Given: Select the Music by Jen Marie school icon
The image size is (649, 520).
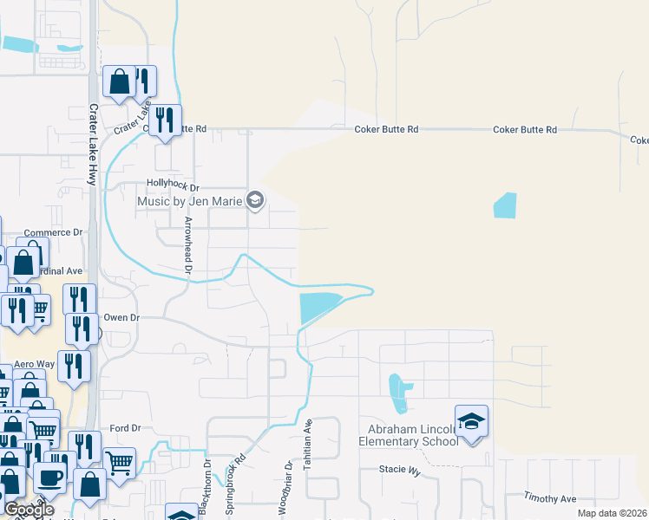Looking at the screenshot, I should pos(254,201).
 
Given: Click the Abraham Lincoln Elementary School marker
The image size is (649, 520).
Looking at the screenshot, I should pos(471,422).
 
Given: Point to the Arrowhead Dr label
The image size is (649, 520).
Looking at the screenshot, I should pos(187,244).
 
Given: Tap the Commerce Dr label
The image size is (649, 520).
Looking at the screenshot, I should pos(52,232).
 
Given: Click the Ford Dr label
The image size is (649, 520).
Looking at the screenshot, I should pos(125,428).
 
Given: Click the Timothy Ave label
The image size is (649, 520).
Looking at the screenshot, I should pos(549,498).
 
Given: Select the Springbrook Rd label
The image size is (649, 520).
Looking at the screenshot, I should pos(235,486).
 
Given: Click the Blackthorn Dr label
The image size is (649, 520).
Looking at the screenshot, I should pos(206,489).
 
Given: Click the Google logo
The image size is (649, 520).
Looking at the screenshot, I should pos(28,510).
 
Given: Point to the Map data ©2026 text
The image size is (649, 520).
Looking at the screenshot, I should pos(612,513).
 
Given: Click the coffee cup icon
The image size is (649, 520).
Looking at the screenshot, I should pos(50,477).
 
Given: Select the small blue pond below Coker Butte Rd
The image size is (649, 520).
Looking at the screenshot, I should pos(504,205).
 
